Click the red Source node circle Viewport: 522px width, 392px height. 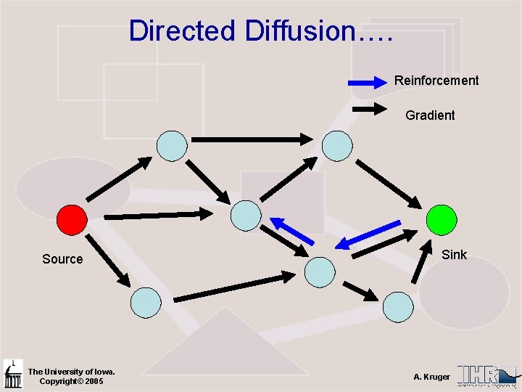pyautogui.click(x=72, y=219)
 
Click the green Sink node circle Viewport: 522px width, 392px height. pyautogui.click(x=442, y=219)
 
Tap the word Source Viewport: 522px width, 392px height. pyautogui.click(x=62, y=259)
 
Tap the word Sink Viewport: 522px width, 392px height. pyautogui.click(x=454, y=254)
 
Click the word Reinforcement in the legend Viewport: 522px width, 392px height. pyautogui.click(x=436, y=81)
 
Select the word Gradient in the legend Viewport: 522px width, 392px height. pyautogui.click(x=430, y=115)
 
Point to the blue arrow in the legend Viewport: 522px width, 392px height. pyautogui.click(x=370, y=82)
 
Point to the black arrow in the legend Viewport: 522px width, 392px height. pyautogui.click(x=370, y=110)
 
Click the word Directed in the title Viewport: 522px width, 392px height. pyautogui.click(x=182, y=31)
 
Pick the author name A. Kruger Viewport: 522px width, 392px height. pyautogui.click(x=431, y=377)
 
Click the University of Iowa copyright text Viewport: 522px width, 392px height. pyautogui.click(x=66, y=376)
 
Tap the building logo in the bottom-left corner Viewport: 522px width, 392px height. pyautogui.click(x=12, y=374)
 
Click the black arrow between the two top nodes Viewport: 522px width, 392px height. pyautogui.click(x=252, y=139)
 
